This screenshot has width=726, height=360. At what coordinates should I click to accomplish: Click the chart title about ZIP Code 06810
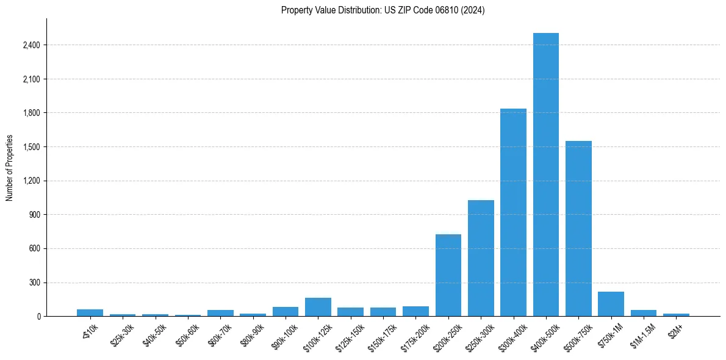point(383,10)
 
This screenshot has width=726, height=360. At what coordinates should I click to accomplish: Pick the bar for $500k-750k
point(578,229)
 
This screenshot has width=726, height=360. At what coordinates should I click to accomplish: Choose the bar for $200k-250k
point(448,275)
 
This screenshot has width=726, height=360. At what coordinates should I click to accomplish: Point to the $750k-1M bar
point(611,304)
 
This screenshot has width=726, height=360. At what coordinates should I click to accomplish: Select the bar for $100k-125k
point(318,307)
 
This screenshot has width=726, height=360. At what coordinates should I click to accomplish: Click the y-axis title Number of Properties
point(10,168)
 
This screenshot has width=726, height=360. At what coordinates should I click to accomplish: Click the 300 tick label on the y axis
point(34,283)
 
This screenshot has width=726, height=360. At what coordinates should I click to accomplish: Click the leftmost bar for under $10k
point(90,312)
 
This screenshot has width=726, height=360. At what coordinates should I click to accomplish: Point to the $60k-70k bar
point(220,313)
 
